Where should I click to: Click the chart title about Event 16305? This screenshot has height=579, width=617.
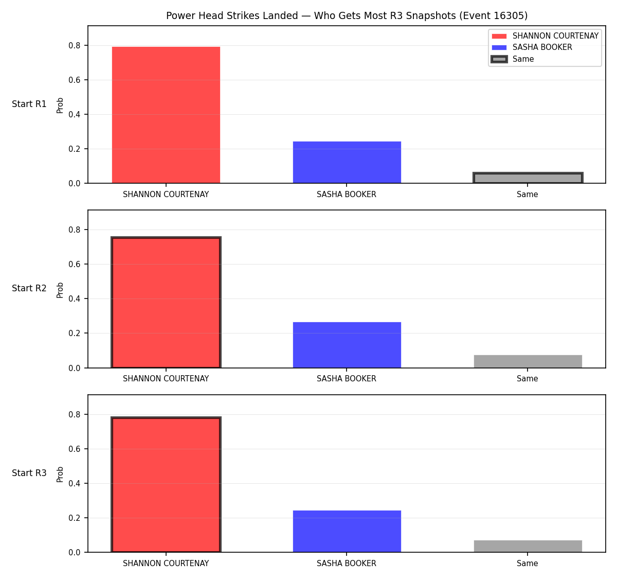click(347, 15)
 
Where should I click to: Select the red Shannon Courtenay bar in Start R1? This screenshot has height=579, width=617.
click(166, 115)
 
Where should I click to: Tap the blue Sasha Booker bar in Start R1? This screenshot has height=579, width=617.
click(347, 163)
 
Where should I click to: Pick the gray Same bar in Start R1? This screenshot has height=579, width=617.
click(528, 178)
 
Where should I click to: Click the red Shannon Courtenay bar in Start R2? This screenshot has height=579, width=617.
click(166, 303)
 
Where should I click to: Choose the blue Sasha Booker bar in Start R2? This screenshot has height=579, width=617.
click(347, 345)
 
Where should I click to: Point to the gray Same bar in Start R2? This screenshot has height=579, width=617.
click(528, 361)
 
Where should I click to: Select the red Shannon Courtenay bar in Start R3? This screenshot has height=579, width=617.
click(166, 485)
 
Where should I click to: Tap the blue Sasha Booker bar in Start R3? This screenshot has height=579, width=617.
click(347, 532)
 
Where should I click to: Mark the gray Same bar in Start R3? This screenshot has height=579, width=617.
click(528, 547)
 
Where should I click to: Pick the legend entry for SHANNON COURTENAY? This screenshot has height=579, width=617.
click(545, 36)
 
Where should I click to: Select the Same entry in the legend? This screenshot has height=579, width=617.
click(512, 59)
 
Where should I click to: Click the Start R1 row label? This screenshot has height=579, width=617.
click(29, 104)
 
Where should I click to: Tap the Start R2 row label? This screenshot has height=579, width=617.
click(29, 288)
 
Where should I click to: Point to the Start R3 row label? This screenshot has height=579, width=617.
click(29, 473)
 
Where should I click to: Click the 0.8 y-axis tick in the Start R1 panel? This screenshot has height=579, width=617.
click(74, 46)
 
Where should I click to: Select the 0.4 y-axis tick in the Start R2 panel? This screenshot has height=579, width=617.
click(74, 299)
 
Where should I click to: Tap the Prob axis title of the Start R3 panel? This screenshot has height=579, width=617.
click(60, 475)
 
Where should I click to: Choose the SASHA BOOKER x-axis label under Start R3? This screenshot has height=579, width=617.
click(347, 564)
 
